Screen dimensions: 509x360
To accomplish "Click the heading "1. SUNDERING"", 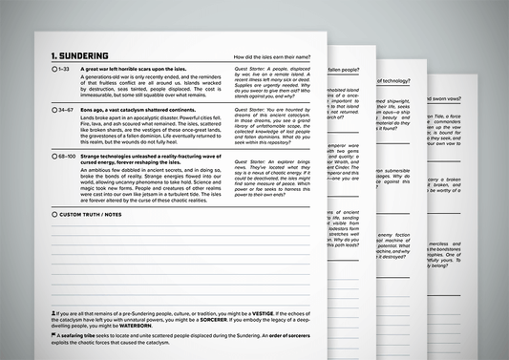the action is coord(79,56).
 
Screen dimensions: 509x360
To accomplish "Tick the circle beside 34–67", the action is coord(55,111).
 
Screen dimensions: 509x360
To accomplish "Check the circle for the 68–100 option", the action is coord(55,156).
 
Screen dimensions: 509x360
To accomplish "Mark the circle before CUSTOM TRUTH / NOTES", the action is coord(55,214).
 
